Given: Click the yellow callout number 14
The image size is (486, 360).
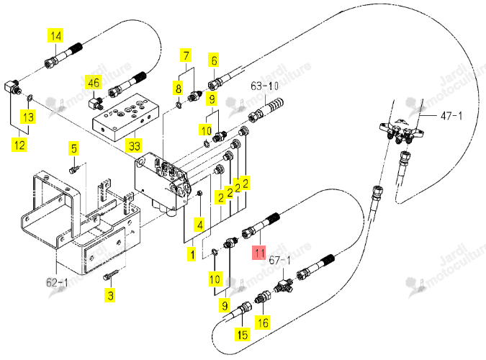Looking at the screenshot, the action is coord(55,36).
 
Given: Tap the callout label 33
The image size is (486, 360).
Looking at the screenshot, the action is coord(135,145).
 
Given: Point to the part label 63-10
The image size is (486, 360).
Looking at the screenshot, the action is coord(264,86).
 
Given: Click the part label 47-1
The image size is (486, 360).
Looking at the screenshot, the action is coord(451,116).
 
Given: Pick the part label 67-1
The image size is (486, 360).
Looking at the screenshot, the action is coord(279,260).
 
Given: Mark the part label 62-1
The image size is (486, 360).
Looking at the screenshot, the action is coord(57,282).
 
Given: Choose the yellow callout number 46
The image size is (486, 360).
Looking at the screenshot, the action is coord(94,83).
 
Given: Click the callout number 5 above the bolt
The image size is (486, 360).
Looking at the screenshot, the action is coord(74,148).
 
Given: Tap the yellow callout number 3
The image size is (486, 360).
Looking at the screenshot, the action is coord(110,295).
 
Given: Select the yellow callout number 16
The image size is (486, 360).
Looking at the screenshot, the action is coord(263,323).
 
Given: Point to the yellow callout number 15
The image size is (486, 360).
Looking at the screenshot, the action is coord(243,335).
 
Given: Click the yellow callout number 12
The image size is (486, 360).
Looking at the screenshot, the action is coord(19,145).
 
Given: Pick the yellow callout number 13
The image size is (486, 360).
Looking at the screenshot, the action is coord(28,117).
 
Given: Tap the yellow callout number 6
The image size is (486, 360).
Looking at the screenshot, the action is coord(214,60).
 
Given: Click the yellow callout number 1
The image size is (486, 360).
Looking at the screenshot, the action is coord(192,255).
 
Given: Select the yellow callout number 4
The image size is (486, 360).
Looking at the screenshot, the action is coord(200,225).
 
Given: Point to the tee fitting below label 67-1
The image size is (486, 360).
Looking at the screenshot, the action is coord(283,286).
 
